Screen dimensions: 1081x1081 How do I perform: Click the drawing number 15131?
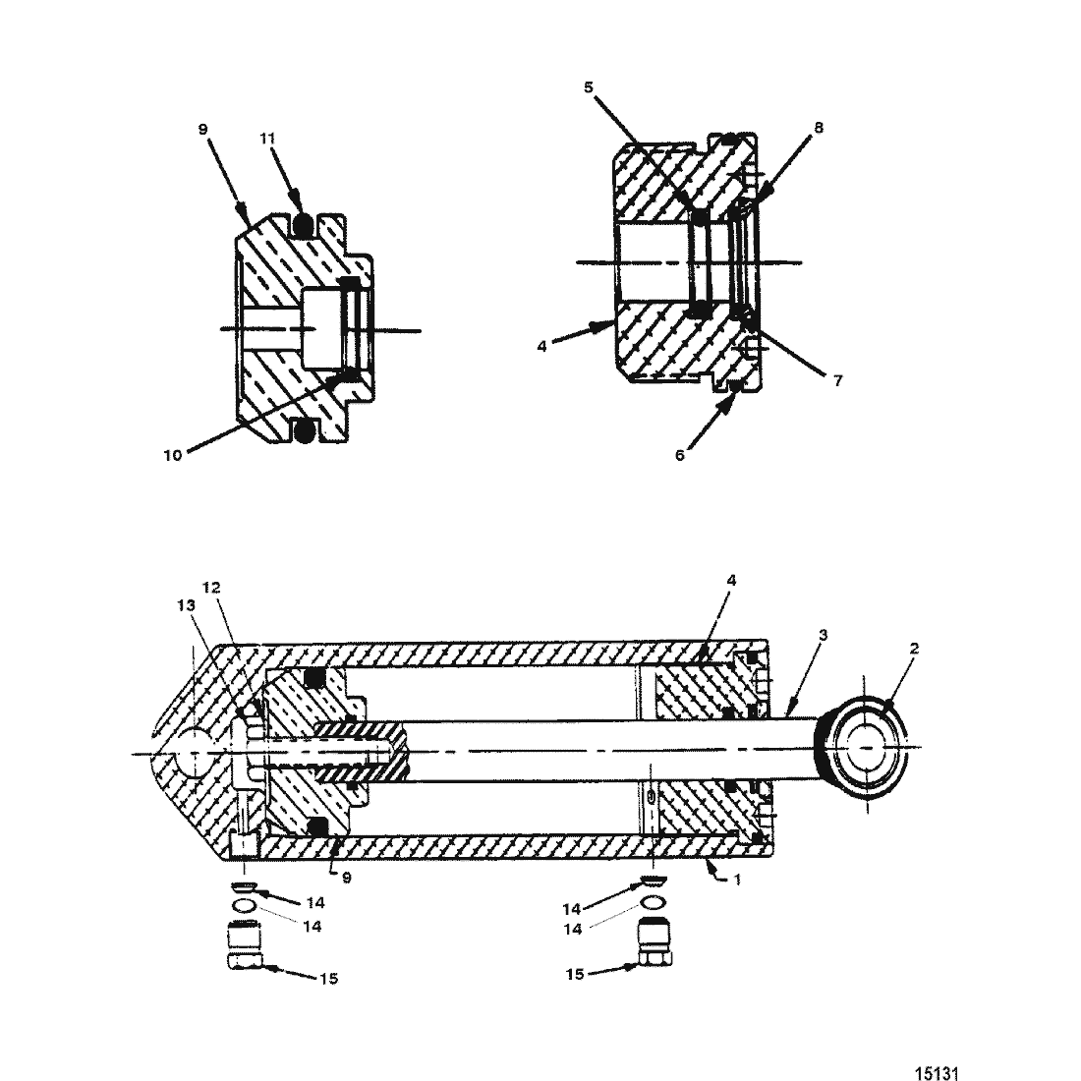tap(937, 1073)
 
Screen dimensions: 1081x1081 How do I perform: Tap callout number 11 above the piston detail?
tap(267, 139)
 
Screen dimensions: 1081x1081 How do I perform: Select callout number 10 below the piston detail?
tap(172, 456)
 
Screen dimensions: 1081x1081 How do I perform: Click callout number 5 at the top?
tap(588, 87)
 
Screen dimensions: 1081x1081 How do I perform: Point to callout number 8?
tap(819, 128)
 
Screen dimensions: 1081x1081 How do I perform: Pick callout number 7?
tap(837, 380)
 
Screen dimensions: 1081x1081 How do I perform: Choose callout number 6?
tap(680, 456)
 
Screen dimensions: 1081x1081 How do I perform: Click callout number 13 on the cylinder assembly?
tap(186, 605)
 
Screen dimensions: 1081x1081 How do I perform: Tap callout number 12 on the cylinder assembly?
tap(211, 588)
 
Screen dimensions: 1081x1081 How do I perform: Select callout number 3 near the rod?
tap(823, 634)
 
